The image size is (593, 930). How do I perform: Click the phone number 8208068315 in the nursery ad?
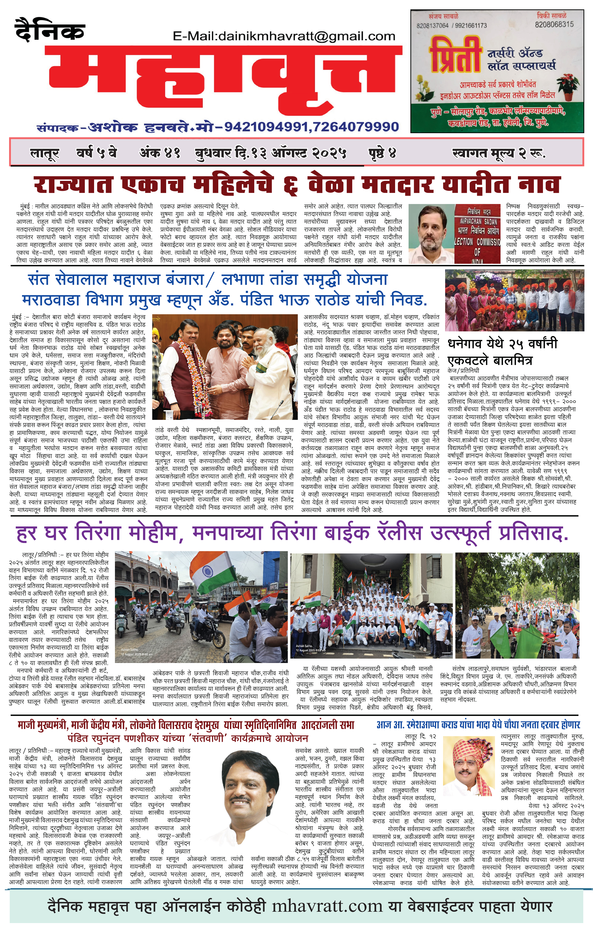[x=554, y=24]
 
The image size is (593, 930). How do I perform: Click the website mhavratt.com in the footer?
[x=327, y=906]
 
